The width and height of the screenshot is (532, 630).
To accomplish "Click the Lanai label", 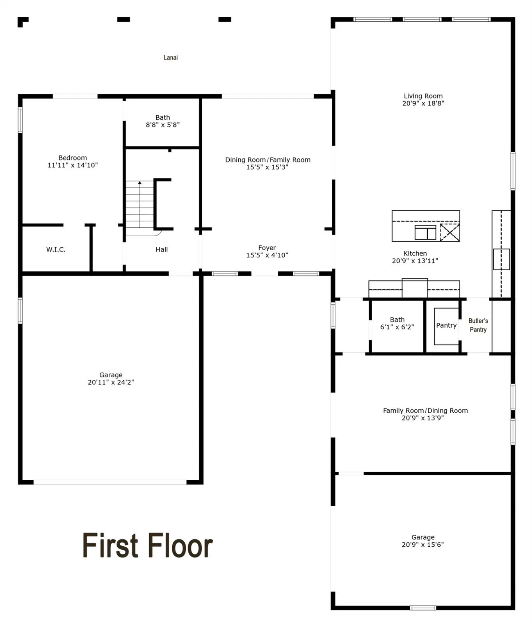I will [x=171, y=58].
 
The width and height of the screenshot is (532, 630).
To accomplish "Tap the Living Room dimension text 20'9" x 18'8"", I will [x=423, y=103].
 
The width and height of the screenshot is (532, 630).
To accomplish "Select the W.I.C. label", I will [x=56, y=249].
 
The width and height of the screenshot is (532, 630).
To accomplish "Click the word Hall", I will [x=162, y=249].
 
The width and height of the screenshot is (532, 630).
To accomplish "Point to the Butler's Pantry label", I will [x=478, y=325].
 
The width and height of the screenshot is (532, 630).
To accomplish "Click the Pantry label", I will [x=446, y=325].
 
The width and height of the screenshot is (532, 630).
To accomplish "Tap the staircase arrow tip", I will [x=140, y=183].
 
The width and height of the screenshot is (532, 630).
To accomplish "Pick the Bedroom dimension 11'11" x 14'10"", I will [x=73, y=165].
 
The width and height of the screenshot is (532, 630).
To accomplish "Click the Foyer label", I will [x=267, y=248].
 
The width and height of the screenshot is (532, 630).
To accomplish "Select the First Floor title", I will [x=148, y=545].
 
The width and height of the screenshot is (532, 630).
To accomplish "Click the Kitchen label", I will [x=415, y=253].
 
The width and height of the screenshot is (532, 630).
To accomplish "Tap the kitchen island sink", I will [x=425, y=232].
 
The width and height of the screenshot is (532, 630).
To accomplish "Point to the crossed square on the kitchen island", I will [x=450, y=232].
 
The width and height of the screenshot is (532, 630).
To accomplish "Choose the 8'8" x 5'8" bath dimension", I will [x=163, y=125].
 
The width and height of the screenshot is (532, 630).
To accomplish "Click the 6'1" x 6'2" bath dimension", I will [x=397, y=327].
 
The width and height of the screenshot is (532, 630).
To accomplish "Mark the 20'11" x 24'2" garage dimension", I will [x=111, y=382].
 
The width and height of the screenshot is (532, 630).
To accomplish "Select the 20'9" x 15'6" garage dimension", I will [x=422, y=545].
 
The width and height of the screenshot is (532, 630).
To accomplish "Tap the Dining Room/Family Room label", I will [x=268, y=160].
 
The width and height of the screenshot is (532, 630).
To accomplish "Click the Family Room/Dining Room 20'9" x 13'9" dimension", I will [x=422, y=418].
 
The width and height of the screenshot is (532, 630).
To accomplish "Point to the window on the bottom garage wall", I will [x=423, y=607].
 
